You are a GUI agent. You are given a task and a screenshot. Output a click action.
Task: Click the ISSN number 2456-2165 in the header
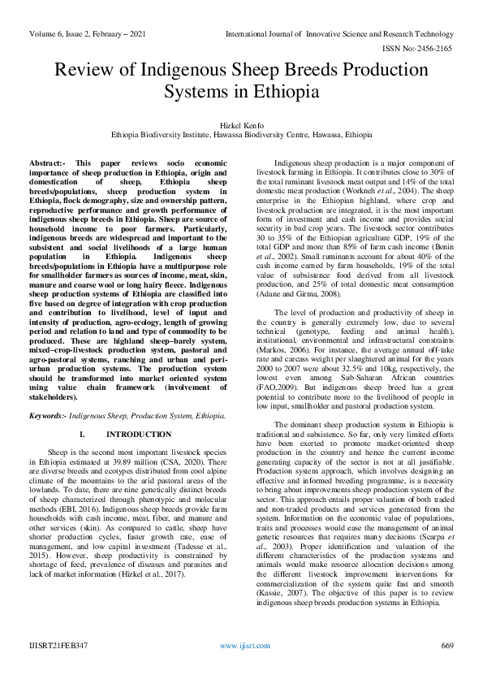coord(432,48)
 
